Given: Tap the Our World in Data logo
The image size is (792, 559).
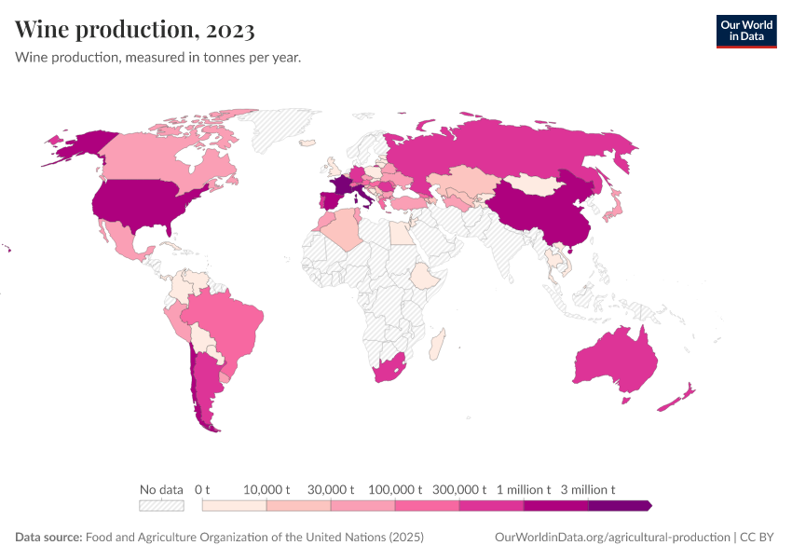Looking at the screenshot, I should pos(745,30).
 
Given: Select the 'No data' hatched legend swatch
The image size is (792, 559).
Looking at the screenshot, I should pos(161,506).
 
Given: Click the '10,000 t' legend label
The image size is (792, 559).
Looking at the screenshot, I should pos(267,489).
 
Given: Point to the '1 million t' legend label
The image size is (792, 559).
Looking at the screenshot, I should pos(524,489).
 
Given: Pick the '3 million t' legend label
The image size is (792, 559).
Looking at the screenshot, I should pos(588,489).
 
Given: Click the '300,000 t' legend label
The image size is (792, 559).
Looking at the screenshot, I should pos(460,489).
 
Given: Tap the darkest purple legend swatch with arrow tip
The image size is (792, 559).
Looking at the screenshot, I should pos(620,506).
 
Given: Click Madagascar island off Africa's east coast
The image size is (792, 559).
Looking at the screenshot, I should pos(437,346).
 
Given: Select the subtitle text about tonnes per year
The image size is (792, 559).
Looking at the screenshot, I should pos(157,57).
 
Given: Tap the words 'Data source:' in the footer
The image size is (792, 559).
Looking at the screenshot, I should pos(48,538).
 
